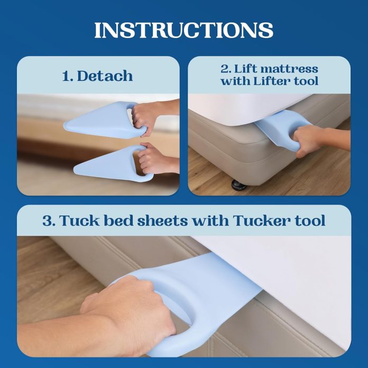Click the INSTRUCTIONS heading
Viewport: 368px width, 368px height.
tap(183, 30)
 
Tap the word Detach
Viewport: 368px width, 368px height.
tap(105, 76)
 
